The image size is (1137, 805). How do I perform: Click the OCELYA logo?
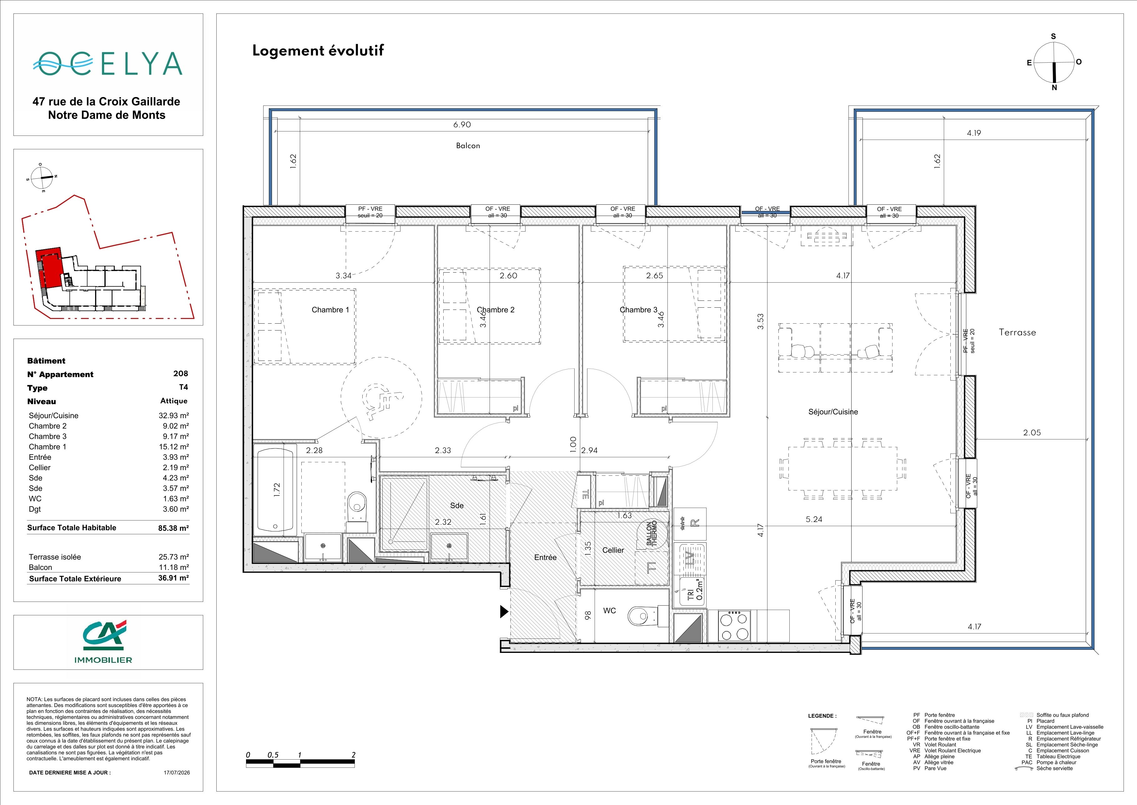click(108, 64)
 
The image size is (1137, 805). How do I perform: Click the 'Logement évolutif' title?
click(318, 51)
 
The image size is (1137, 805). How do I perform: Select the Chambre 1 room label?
click(330, 310)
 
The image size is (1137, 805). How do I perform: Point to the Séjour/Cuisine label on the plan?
click(833, 412)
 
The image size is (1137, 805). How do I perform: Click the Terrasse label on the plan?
click(1017, 333)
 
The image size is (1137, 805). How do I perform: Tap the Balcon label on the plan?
click(468, 146)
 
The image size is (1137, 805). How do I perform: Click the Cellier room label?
click(613, 550)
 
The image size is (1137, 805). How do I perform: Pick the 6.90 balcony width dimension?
click(462, 125)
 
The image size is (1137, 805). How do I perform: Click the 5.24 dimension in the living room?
click(814, 520)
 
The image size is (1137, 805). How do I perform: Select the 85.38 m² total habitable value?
click(173, 528)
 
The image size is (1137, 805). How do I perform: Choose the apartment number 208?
click(181, 374)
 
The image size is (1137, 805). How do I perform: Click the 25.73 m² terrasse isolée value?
click(173, 557)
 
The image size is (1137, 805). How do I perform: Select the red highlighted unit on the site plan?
click(49, 269)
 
